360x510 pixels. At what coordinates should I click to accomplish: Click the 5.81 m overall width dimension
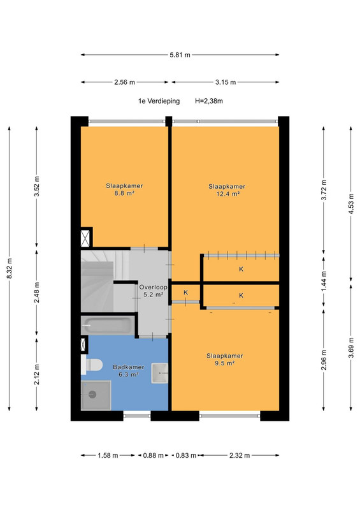[180, 55]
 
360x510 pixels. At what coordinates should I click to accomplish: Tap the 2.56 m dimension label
[124, 82]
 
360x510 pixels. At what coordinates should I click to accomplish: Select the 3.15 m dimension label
[226, 82]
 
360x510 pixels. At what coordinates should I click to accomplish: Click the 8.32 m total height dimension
[10, 268]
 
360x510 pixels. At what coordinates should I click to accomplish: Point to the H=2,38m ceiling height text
[209, 101]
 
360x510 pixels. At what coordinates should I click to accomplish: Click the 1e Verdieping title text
[159, 101]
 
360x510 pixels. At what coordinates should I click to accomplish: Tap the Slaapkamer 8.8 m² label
[124, 189]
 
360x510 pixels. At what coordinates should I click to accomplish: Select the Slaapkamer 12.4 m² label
[227, 190]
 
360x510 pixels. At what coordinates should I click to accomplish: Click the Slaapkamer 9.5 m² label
[225, 360]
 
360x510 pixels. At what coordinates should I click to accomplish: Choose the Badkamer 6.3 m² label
[129, 371]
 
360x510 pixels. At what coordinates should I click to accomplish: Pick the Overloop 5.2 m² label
[153, 291]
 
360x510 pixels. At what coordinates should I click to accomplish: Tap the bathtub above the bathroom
[108, 325]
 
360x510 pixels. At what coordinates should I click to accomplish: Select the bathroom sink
[160, 373]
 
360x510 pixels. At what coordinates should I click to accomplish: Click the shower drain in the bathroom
[92, 395]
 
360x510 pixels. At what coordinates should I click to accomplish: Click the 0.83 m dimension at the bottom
[186, 455]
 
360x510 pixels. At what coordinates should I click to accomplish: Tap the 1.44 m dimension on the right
[324, 281]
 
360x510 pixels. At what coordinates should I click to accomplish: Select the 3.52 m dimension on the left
[37, 186]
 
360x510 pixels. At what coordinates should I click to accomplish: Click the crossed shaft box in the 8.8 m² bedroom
[85, 238]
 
